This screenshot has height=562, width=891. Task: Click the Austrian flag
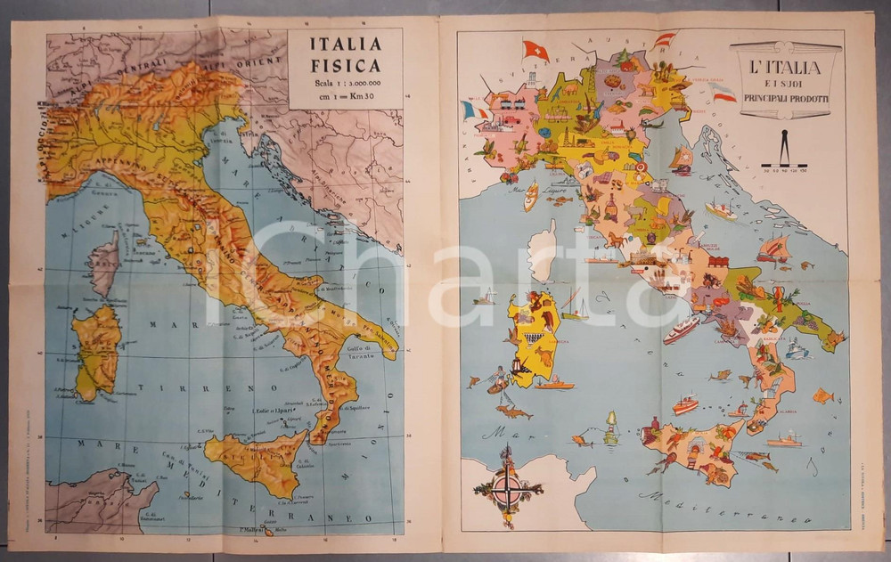click(x=664, y=40)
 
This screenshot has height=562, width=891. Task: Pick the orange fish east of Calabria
click(x=822, y=395)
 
